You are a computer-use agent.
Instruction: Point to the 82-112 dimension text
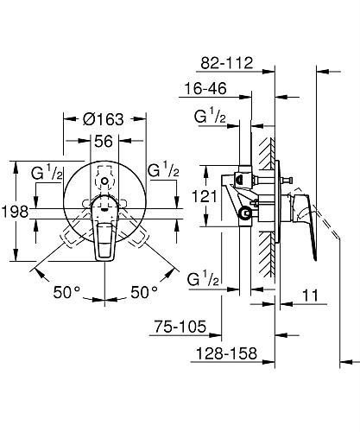click(x=226, y=62)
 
